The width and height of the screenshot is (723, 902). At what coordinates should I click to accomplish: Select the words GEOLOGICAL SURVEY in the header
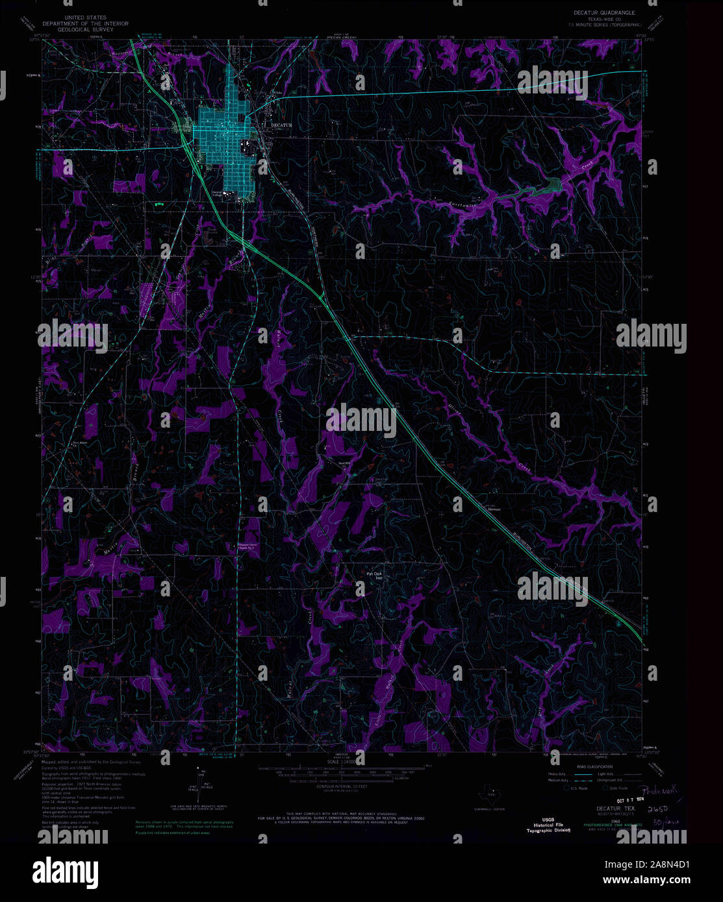73,30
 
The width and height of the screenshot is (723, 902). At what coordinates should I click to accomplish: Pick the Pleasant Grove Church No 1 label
247,546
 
